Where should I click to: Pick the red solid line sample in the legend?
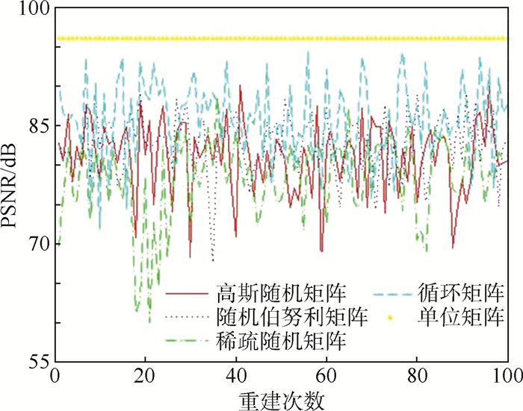point(186,292)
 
